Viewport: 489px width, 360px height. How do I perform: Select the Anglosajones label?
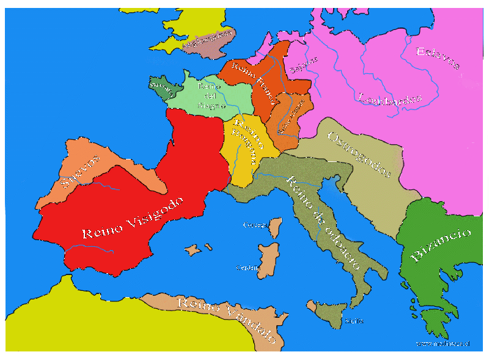[208, 40]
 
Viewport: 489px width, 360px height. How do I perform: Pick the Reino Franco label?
[254, 79]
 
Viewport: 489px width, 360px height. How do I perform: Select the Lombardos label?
[390, 98]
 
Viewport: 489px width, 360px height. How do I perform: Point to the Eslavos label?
[438, 58]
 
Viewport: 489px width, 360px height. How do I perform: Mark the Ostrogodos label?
[359, 155]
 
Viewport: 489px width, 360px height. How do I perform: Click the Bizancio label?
[441, 245]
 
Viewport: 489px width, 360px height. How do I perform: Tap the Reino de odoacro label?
[321, 224]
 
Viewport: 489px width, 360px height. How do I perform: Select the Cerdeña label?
[248, 268]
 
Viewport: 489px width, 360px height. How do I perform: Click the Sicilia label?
[355, 320]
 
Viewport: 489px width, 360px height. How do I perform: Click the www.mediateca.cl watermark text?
[443, 343]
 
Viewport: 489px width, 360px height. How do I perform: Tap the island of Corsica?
[275, 229]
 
